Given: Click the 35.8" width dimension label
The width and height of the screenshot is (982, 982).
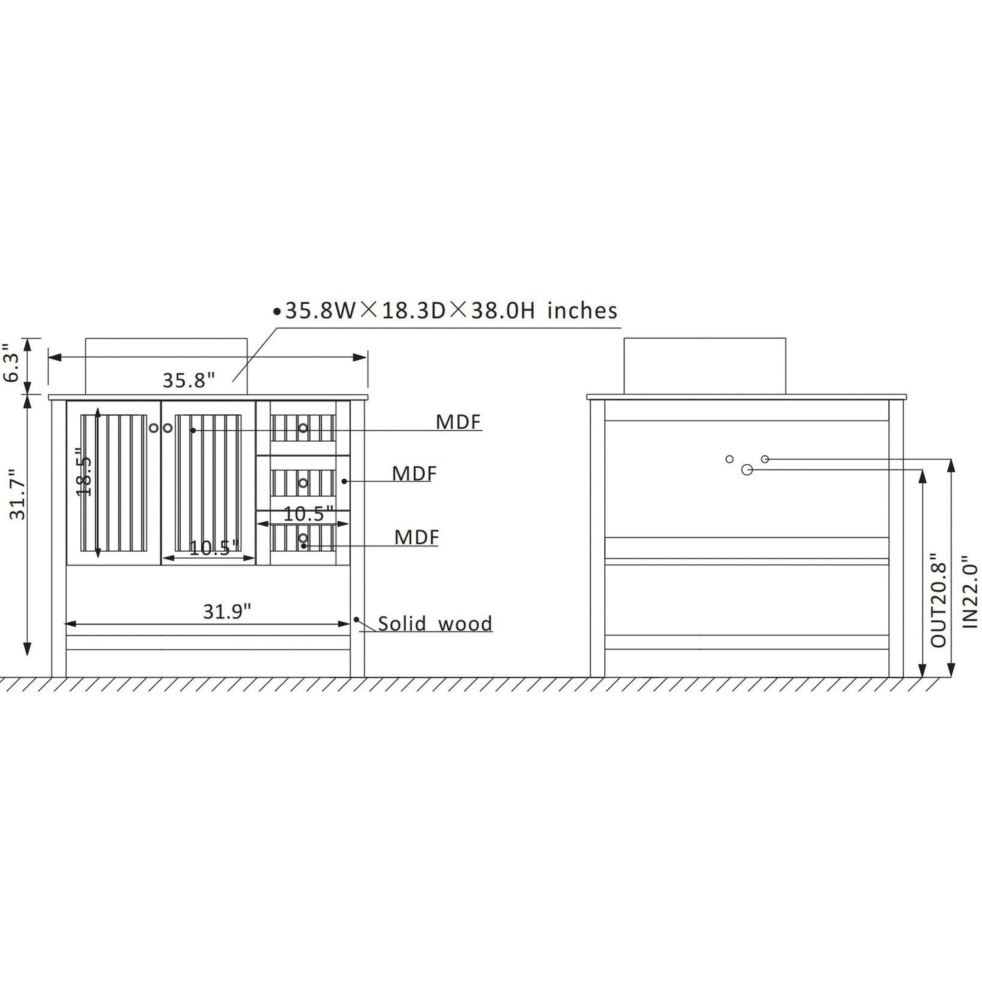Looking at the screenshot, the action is pyautogui.click(x=188, y=380).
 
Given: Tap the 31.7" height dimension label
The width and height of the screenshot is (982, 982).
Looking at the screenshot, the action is pyautogui.click(x=18, y=494).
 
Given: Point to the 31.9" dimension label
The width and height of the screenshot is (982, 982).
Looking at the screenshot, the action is pyautogui.click(x=227, y=611).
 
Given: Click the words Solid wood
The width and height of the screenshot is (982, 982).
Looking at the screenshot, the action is pyautogui.click(x=435, y=624).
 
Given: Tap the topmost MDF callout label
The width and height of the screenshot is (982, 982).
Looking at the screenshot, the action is pyautogui.click(x=459, y=421).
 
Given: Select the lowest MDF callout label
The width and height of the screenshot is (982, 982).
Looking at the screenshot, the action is pyautogui.click(x=417, y=537).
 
